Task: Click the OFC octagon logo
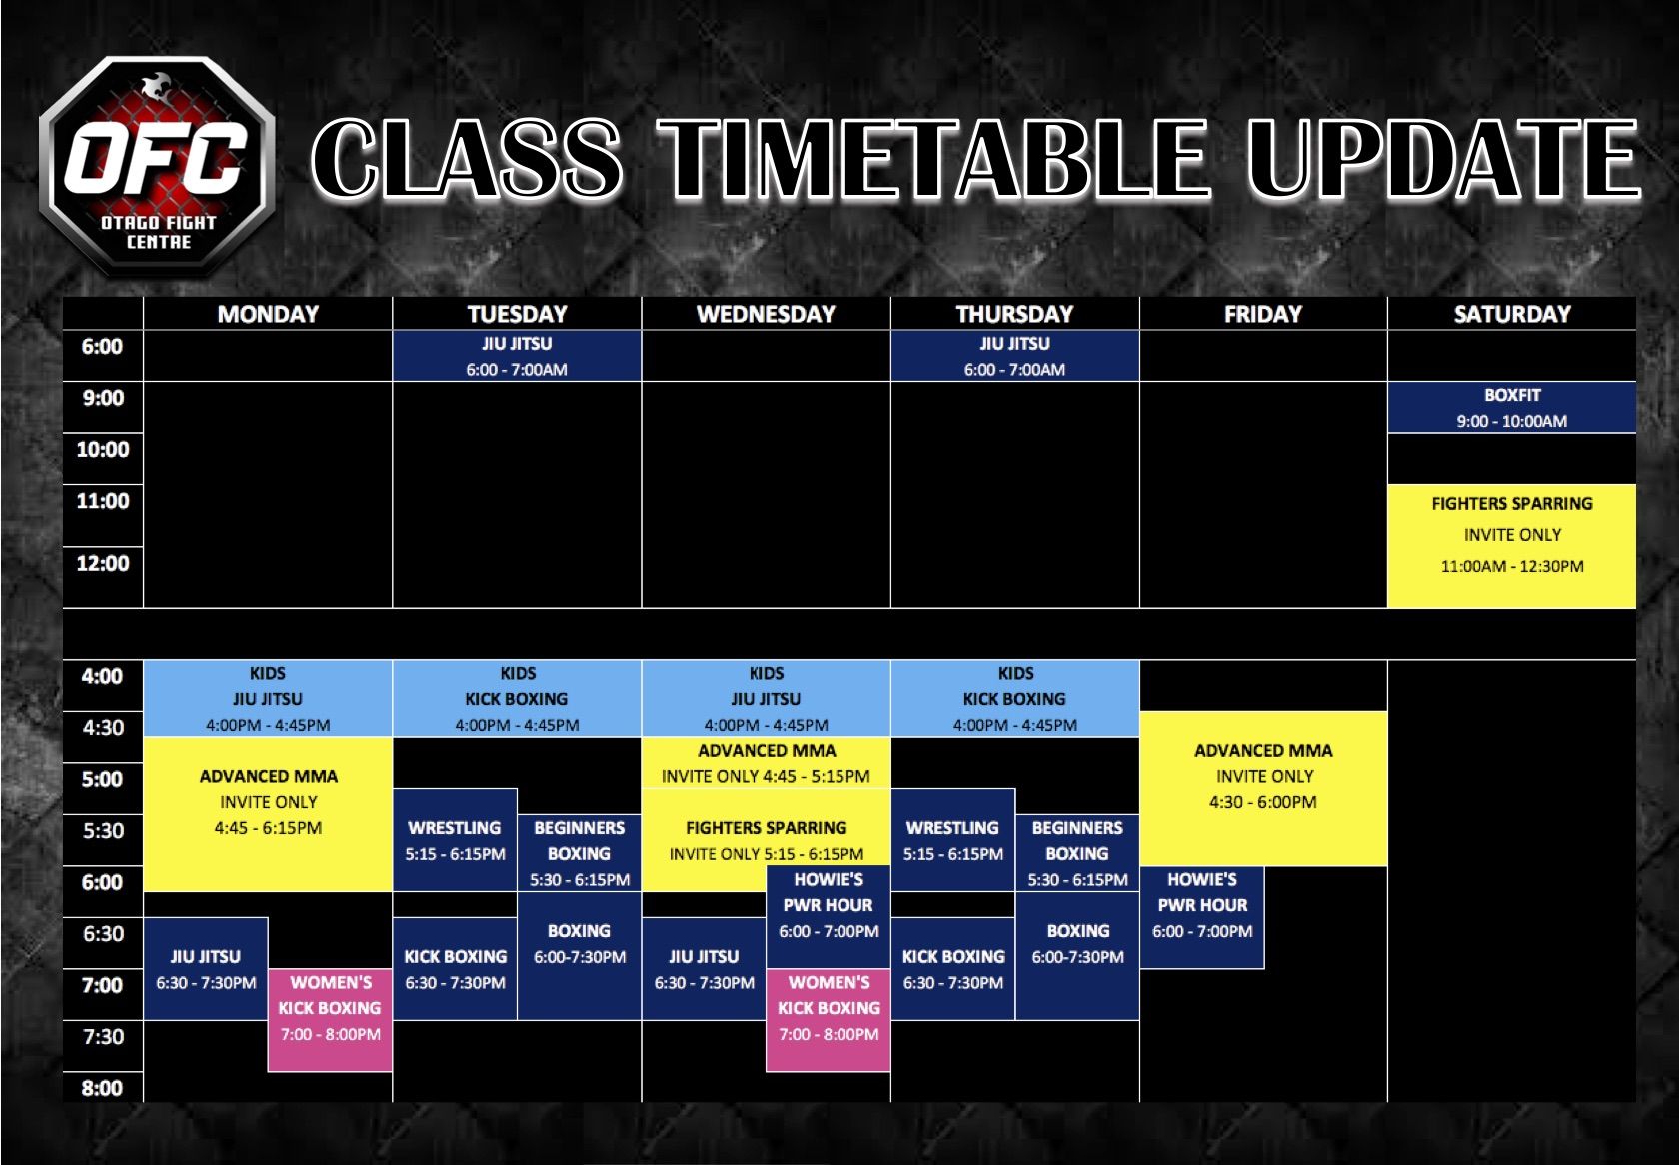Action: [x=158, y=165]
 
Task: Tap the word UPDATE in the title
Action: [x=1444, y=159]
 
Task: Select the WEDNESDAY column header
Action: [x=766, y=314]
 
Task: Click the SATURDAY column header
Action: [x=1512, y=314]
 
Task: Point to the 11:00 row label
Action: [x=103, y=501]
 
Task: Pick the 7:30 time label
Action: [x=103, y=1037]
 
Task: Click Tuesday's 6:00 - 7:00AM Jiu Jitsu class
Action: [x=517, y=356]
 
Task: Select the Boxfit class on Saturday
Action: [x=1511, y=408]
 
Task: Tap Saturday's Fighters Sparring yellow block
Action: [x=1511, y=547]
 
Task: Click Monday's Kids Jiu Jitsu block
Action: [x=268, y=699]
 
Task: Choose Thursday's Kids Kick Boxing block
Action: [x=1015, y=699]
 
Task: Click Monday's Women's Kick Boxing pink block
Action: [x=330, y=1020]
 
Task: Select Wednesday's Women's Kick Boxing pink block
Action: [x=829, y=1020]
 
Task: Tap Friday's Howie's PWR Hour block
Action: [x=1202, y=918]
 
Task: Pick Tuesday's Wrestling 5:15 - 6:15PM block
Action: [x=455, y=840]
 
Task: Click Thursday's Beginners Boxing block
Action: [x=1077, y=853]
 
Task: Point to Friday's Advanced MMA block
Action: [x=1263, y=789]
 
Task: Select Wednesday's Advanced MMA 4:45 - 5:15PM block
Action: [x=766, y=763]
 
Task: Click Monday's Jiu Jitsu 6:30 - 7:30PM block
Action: [x=206, y=969]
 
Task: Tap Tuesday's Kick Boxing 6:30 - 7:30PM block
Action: [x=455, y=969]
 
